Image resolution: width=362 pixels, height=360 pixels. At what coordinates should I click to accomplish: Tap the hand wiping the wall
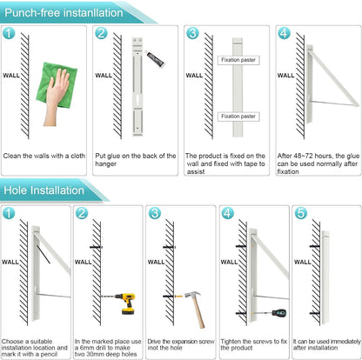tap(56, 96)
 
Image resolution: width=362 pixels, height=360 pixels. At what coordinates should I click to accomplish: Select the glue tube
tap(155, 58)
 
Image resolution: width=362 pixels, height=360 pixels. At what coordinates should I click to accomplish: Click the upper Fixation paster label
tap(238, 60)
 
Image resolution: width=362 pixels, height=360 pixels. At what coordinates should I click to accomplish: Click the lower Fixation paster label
tap(238, 117)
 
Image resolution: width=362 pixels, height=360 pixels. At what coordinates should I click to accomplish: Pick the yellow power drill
tap(124, 303)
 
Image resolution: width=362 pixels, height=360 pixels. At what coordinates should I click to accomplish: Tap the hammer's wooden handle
tap(199, 313)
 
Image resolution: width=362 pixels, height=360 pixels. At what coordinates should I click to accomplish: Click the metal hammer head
tap(192, 295)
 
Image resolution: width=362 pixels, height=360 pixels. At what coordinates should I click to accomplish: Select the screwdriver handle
tap(279, 313)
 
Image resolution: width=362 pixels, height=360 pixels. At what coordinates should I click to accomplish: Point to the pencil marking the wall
tap(44, 254)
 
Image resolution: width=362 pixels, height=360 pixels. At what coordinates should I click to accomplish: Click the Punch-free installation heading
tap(64, 13)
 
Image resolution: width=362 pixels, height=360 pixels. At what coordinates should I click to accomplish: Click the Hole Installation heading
tap(44, 190)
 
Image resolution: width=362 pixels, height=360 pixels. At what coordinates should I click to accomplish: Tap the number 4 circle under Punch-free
tap(284, 33)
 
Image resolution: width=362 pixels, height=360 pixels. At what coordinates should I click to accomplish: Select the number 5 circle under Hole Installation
tap(301, 213)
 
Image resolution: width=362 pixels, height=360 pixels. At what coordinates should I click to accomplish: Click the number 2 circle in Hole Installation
tap(82, 213)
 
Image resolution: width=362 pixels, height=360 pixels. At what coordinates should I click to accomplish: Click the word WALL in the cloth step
tap(11, 76)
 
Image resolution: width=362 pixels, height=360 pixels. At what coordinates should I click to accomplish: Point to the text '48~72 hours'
tap(308, 156)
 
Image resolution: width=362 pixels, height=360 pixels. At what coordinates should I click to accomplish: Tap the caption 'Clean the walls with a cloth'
tap(44, 156)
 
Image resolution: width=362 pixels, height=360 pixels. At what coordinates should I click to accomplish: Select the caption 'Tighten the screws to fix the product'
tap(254, 344)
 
